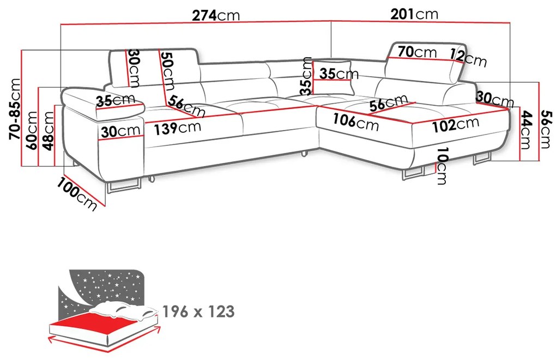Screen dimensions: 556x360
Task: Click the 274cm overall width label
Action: click(x=216, y=15)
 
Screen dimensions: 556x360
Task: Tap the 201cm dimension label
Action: click(x=414, y=14)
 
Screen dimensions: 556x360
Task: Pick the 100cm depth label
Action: click(x=77, y=194)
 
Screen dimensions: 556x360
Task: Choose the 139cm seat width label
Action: click(x=177, y=127)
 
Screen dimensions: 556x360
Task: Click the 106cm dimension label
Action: click(x=355, y=122)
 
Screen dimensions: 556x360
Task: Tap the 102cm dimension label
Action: click(x=456, y=125)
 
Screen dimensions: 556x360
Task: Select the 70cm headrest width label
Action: click(x=417, y=52)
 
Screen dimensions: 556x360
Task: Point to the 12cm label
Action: click(x=468, y=57)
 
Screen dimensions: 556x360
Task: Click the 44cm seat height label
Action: click(x=527, y=130)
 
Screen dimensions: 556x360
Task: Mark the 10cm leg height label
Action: click(x=441, y=166)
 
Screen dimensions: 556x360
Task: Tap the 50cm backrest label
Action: click(x=167, y=71)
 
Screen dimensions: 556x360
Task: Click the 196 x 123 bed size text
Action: click(x=198, y=312)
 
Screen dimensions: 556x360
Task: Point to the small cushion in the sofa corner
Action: click(x=333, y=77)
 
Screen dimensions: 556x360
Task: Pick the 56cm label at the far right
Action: click(x=546, y=129)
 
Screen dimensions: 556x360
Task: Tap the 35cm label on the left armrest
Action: click(x=116, y=100)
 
